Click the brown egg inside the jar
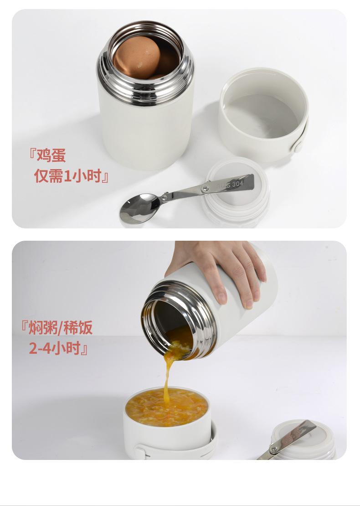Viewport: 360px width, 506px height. (137, 57)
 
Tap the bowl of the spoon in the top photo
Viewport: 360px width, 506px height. (140, 208)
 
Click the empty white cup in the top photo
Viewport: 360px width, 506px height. (263, 114)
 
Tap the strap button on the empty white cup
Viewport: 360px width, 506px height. (297, 147)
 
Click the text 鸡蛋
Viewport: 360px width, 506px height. (51, 155)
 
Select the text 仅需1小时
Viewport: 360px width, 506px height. (68, 176)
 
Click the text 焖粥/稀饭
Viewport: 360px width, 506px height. (61, 328)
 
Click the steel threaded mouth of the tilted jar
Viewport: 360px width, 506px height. (179, 320)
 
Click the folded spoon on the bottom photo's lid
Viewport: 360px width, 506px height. (288, 439)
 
